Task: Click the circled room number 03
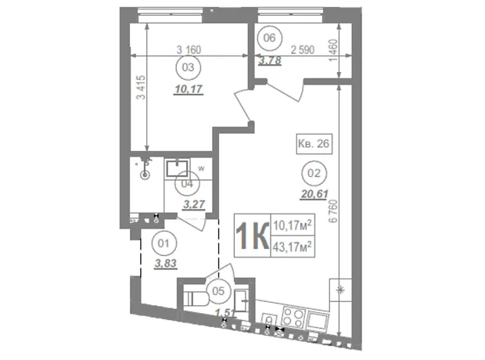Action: pos(188,67)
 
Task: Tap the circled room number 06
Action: pos(269,38)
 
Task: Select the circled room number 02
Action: pos(314,173)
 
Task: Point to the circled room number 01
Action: pos(163,243)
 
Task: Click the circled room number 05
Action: pos(218,291)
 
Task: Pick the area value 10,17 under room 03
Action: pos(189,89)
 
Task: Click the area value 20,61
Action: pos(314,194)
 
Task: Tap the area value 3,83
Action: pos(166,264)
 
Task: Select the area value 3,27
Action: pos(194,204)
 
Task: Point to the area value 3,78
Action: pos(270,60)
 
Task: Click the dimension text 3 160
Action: pos(189,49)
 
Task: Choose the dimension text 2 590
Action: pos(303,49)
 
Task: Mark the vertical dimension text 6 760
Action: pos(333,211)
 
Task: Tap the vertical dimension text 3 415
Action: pos(141,88)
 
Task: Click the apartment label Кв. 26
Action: pos(314,144)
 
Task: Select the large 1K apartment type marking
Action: pos(252,236)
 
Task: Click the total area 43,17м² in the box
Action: pos(293,247)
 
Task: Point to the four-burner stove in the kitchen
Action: pos(293,318)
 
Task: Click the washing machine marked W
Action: pos(201,169)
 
